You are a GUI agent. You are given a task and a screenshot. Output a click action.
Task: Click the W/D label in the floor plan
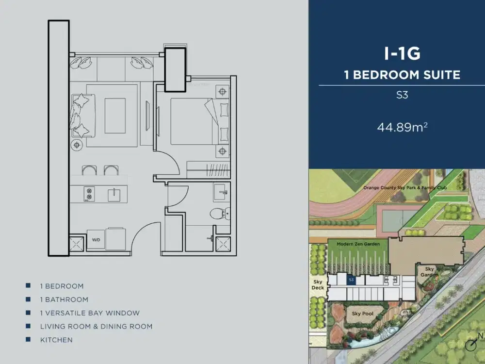[x=96, y=239]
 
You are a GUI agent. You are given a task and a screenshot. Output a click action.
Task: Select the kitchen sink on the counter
[x=114, y=194]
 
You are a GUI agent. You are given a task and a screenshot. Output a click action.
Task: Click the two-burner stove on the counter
[x=89, y=194]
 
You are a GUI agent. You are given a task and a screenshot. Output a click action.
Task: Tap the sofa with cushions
[x=80, y=115]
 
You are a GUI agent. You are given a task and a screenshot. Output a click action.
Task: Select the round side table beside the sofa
[x=77, y=145]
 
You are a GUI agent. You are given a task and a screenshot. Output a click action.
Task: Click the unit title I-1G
[x=402, y=54]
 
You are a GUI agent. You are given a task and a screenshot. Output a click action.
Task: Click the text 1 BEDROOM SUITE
[x=402, y=75]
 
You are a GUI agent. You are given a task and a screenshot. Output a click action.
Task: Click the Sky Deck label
[x=318, y=284]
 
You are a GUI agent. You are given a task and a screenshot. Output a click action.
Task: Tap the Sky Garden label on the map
[x=429, y=272]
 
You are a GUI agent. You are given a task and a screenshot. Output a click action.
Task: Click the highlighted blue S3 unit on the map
[x=352, y=280]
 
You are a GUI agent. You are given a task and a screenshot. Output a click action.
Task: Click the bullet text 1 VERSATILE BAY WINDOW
[x=90, y=313]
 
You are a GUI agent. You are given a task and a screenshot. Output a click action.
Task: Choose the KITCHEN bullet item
[x=56, y=340]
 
